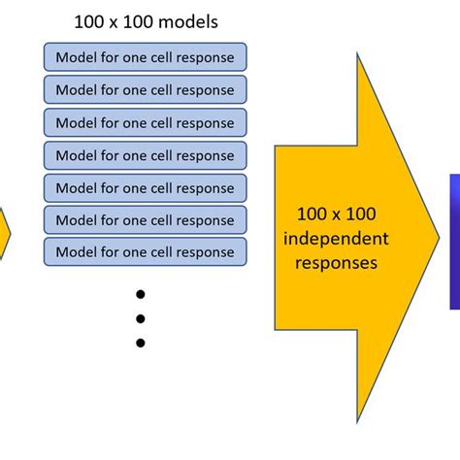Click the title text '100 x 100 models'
tap(145, 21)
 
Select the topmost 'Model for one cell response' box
tap(145, 57)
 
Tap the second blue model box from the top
tap(145, 89)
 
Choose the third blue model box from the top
tap(145, 122)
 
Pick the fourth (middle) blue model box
tap(145, 154)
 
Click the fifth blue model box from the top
tap(145, 187)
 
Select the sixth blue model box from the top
tap(145, 219)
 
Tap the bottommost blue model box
tap(145, 252)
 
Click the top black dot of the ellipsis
tap(141, 294)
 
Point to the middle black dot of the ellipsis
tap(141, 318)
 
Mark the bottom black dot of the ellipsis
tap(141, 343)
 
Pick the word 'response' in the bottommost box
tap(201, 252)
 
